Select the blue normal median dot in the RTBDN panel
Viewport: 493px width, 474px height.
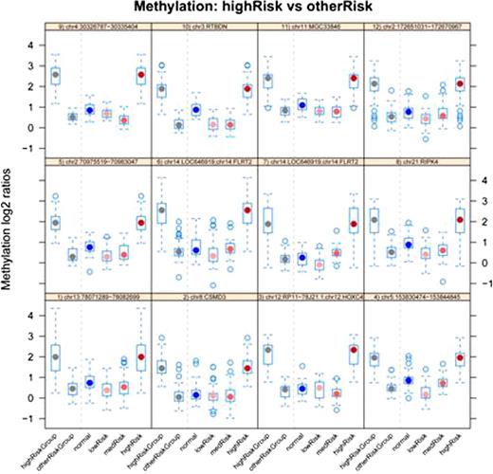click(195, 109)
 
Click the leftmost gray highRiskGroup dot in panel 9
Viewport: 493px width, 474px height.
click(55, 74)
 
